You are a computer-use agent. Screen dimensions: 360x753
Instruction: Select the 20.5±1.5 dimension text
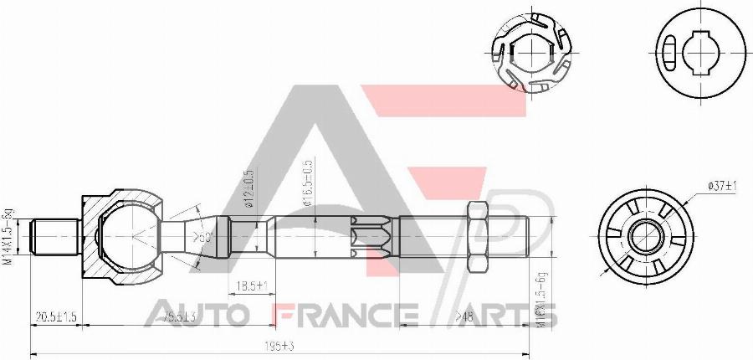pos(55,316)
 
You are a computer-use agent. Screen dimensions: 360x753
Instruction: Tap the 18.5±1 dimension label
pos(250,286)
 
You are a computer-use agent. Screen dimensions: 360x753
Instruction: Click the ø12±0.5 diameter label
pos(248,188)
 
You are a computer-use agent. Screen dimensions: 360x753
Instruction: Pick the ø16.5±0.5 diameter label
pos(307,183)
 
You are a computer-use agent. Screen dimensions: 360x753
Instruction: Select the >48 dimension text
pos(465,316)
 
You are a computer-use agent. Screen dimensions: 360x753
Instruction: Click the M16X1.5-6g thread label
pos(542,298)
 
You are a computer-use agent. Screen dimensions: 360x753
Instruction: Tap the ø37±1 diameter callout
pos(721,185)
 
